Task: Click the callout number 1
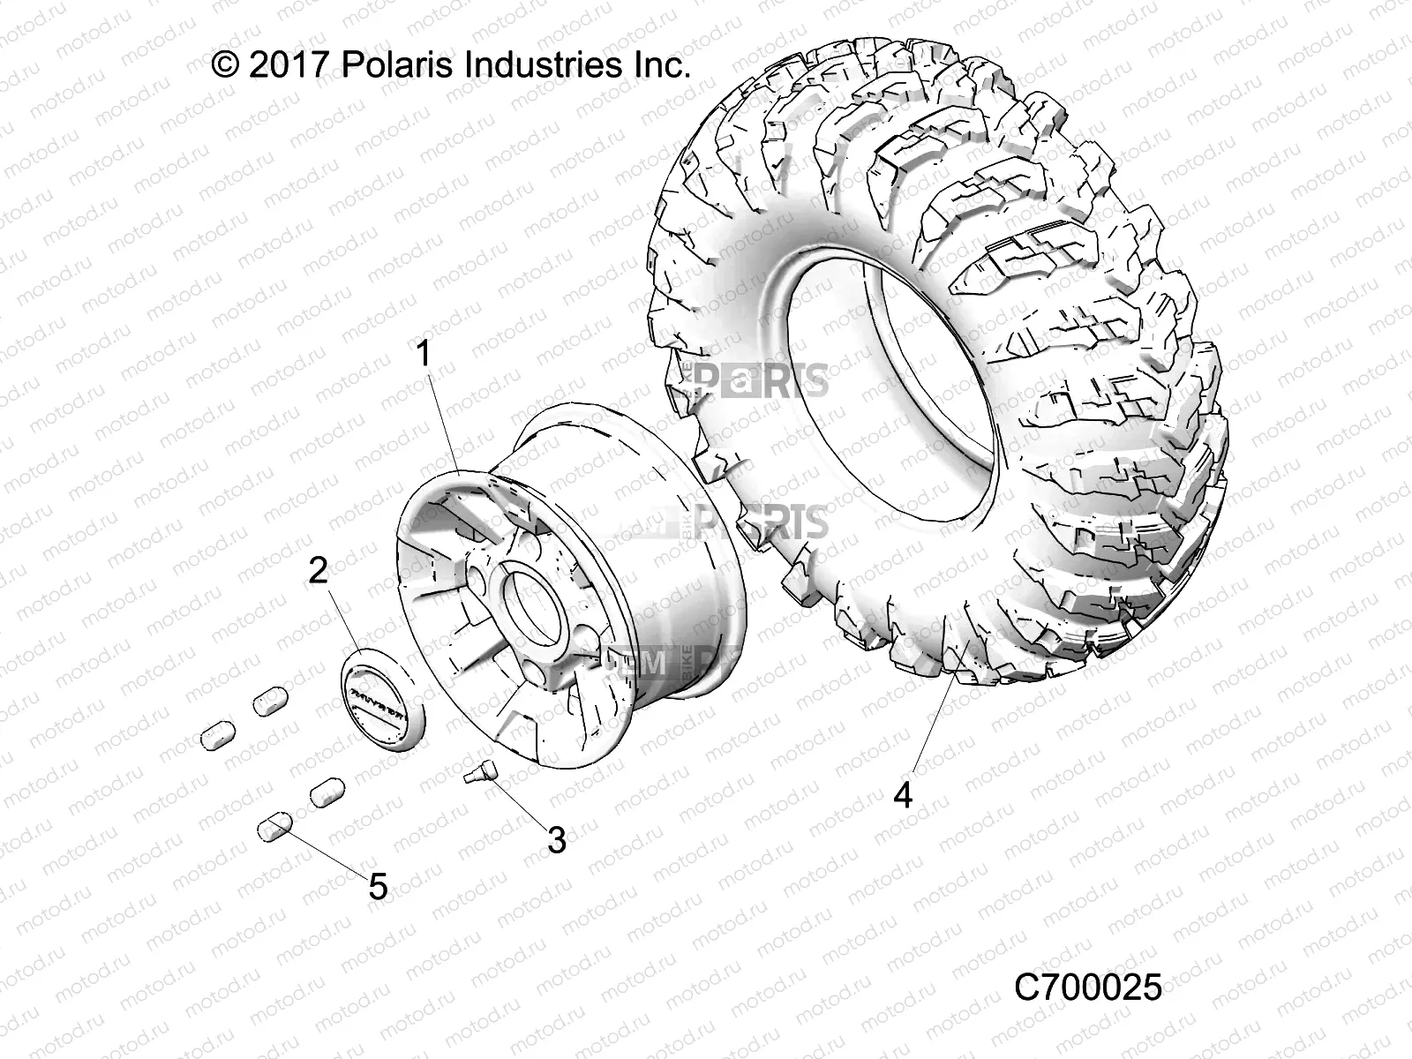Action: [x=424, y=355]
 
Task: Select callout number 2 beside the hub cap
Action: [x=318, y=571]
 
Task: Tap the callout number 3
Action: [x=556, y=839]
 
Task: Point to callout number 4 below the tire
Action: [x=902, y=795]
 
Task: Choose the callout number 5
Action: [x=378, y=886]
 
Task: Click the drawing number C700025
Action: [x=1088, y=988]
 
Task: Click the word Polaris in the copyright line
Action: [x=398, y=66]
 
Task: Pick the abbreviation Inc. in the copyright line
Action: [x=661, y=66]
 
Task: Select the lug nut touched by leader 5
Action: [x=274, y=828]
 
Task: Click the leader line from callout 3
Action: [x=523, y=803]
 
